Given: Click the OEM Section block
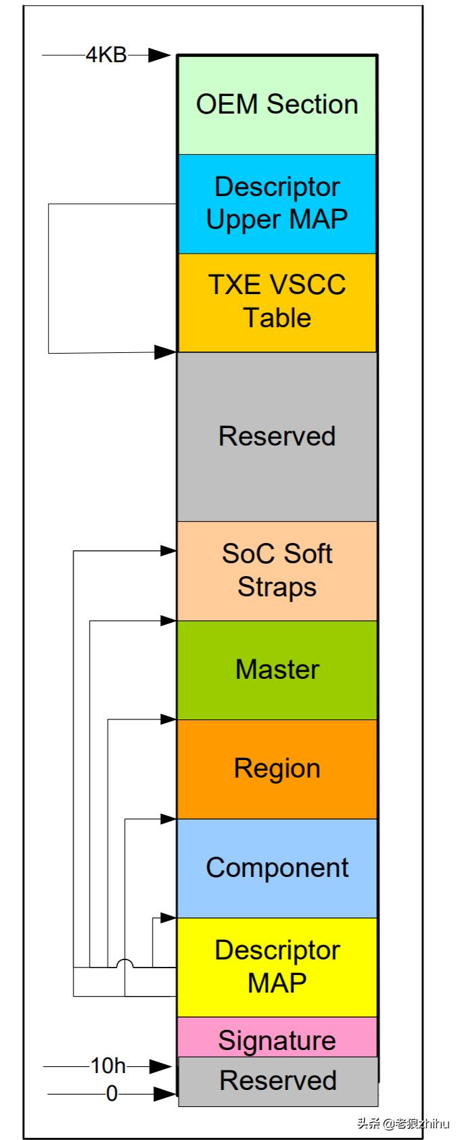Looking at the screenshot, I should pos(277,105).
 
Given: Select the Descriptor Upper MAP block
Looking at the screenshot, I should pos(277,204).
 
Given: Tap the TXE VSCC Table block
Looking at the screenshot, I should pos(277,302).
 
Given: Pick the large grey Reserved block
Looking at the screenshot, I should pos(277,436).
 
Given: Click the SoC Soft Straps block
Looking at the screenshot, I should pos(277,571).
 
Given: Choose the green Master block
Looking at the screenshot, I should pos(277,669).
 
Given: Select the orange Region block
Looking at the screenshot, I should pos(277,769).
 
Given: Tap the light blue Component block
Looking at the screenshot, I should pos(277,868).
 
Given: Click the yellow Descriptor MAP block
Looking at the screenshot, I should pos(277,967).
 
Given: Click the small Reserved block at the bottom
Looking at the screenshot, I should pos(277,1080).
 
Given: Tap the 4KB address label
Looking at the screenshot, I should pos(106,55).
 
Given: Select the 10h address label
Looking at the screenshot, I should pos(108,1066).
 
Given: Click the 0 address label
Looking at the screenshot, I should pos(112,1093).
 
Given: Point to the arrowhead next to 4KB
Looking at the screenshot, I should pos(160,55).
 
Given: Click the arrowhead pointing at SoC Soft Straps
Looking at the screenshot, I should pos(168,551).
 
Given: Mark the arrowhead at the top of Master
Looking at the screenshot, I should pos(168,620).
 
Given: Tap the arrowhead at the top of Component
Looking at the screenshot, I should pos(168,819).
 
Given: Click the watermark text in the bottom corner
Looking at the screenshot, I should pos(403,1124).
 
